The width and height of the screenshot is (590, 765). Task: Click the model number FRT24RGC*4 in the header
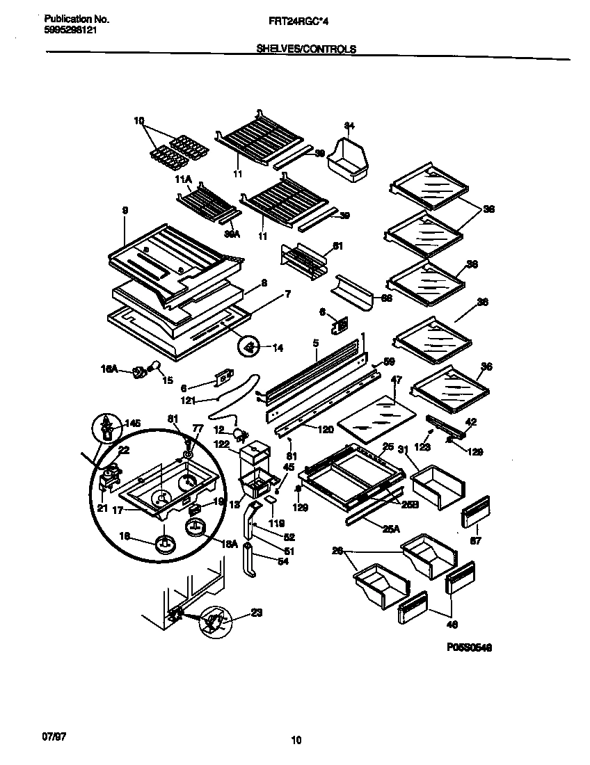tap(298, 22)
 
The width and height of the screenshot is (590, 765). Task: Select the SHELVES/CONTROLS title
tap(305, 49)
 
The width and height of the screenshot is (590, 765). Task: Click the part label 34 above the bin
tap(349, 126)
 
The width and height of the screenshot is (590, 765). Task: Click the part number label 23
tap(257, 613)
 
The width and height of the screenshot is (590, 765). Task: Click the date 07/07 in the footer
tap(44, 734)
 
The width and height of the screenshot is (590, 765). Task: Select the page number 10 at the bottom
tap(296, 741)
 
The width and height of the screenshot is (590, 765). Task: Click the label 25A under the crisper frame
tap(391, 529)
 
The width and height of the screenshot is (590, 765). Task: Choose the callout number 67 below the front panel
tap(477, 540)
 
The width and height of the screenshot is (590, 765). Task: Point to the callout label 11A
tap(183, 180)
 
